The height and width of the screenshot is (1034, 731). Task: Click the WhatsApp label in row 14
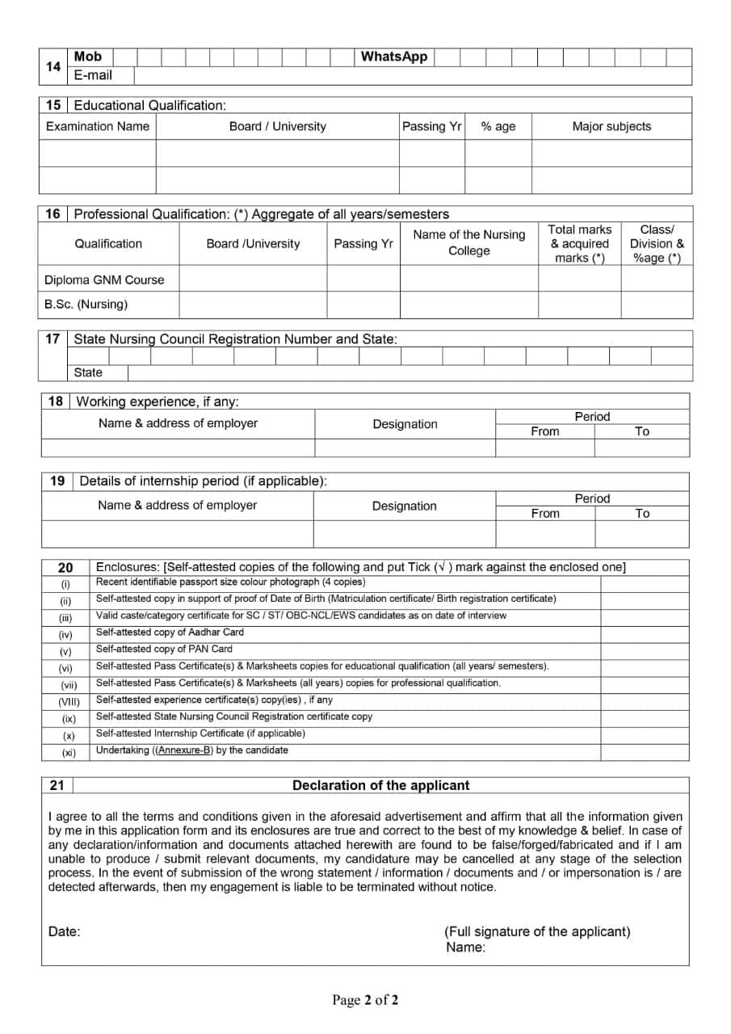tap(394, 57)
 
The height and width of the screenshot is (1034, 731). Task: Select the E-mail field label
tap(93, 75)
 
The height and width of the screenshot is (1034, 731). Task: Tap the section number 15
tap(53, 105)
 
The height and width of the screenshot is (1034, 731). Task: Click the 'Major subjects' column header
tap(611, 126)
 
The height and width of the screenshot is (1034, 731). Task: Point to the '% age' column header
tap(498, 126)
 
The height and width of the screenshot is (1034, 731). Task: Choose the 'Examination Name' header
tap(98, 126)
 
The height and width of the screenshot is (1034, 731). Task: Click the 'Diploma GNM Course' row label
tap(104, 280)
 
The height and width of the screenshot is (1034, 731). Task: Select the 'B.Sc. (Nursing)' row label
tap(86, 305)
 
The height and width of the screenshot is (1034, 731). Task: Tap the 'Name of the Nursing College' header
tap(468, 242)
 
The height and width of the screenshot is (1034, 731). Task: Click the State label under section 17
tap(88, 372)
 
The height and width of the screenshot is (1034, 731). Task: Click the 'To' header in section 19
tap(642, 513)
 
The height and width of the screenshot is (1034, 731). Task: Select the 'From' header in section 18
tap(544, 431)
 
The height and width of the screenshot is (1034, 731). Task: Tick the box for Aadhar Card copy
tap(645, 633)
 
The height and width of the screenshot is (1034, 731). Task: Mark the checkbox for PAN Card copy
tap(645, 649)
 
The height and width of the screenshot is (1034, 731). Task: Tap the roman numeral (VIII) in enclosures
tap(69, 701)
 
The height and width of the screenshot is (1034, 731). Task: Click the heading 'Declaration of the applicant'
tap(380, 785)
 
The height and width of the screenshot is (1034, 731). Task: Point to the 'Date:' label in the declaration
tap(65, 931)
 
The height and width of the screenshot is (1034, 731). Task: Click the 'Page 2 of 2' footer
tap(365, 1000)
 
